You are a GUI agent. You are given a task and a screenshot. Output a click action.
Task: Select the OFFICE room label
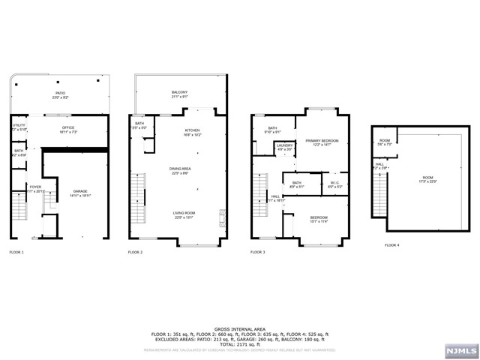[68, 129]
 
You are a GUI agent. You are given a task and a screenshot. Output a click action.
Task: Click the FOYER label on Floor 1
[35, 188]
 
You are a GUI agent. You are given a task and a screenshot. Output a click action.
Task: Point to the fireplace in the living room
[222, 217]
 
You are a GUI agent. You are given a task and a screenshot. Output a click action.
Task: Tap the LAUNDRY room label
[284, 147]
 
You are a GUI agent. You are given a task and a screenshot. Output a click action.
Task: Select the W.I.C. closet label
[335, 184]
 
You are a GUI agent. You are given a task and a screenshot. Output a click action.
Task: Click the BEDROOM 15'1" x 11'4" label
[319, 219]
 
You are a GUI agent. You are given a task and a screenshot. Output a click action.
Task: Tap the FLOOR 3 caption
[258, 252]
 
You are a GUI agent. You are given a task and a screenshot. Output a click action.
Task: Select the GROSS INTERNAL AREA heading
[239, 328]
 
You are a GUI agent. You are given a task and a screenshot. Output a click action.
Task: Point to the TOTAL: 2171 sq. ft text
[239, 342]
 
